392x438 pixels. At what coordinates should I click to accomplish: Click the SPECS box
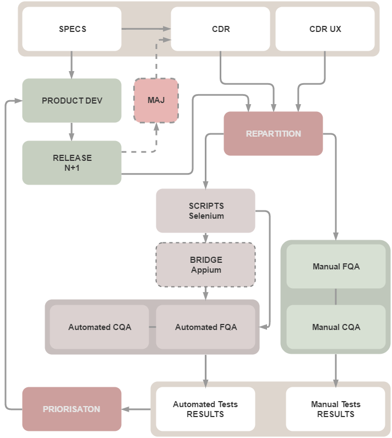click(x=72, y=29)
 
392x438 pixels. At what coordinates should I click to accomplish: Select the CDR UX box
click(x=325, y=29)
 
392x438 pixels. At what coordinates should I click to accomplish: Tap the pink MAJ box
click(x=156, y=100)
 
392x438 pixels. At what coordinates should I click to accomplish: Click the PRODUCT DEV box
click(x=72, y=101)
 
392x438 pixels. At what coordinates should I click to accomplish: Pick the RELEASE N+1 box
click(x=72, y=163)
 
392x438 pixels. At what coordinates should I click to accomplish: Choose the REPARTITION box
click(x=273, y=133)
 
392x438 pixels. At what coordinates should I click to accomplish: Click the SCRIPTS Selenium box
click(x=205, y=210)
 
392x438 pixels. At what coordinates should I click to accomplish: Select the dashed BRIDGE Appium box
click(x=205, y=265)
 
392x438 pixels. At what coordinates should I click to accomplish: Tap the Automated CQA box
click(x=100, y=327)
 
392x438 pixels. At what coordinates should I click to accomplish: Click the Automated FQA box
click(x=205, y=327)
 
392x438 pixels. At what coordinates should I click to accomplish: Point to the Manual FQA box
click(x=336, y=266)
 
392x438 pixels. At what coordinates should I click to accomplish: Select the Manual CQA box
click(x=336, y=327)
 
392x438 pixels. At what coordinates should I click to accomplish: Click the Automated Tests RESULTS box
click(x=205, y=409)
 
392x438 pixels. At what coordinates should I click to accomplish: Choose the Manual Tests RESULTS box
click(x=336, y=409)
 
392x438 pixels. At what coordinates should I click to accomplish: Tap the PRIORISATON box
click(x=72, y=409)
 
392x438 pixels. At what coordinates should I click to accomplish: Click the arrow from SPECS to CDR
click(x=146, y=29)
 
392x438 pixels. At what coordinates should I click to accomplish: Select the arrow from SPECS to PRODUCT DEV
click(x=72, y=65)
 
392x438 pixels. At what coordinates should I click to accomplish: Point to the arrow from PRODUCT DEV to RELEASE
click(x=72, y=131)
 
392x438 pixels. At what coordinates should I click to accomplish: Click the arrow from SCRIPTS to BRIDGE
click(x=205, y=237)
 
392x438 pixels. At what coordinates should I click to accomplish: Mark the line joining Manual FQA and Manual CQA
click(x=336, y=296)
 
